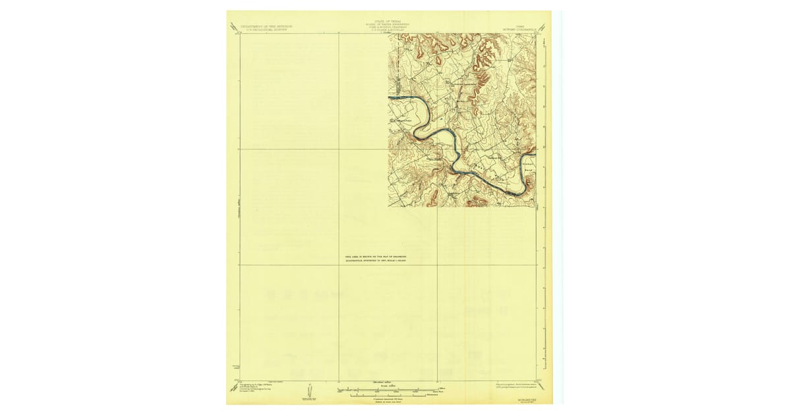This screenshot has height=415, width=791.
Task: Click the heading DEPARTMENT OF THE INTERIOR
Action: [265, 26]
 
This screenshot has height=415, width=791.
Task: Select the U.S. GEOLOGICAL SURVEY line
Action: [265, 30]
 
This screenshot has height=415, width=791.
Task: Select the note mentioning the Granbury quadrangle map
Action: [376, 259]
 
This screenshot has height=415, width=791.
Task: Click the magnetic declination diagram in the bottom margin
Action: [310, 391]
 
